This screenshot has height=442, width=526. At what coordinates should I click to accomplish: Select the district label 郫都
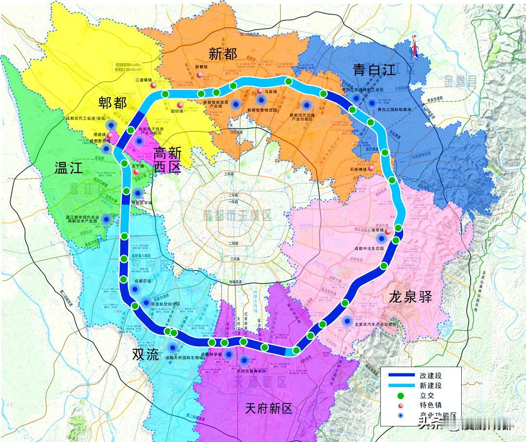pos(112,103)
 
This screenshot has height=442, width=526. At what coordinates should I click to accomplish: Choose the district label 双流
pos(146,354)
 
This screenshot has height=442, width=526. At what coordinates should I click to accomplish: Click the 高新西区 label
pos(168,161)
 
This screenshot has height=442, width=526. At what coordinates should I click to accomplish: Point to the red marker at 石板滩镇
pos(371,168)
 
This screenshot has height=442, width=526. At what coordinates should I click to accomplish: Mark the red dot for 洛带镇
pos(388,232)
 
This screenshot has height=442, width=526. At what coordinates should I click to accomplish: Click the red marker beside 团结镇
pos(180,105)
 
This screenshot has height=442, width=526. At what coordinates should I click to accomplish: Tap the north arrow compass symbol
pos(414,47)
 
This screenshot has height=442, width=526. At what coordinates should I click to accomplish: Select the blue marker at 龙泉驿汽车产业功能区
pos(347,320)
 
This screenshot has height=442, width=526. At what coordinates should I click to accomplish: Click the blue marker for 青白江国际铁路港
pos(373,102)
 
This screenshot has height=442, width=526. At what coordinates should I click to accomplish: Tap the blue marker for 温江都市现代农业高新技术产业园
pos(106,219)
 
